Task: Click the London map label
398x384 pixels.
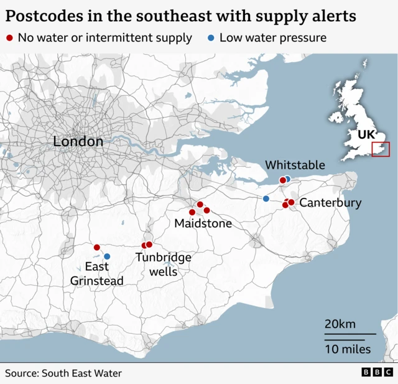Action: coord(78,141)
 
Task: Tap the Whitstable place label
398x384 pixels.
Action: coord(295,165)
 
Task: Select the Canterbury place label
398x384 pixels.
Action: coord(330,203)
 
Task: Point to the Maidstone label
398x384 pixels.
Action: coord(203,223)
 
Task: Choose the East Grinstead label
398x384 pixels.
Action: coord(96,274)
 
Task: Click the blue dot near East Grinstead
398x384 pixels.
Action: coord(107,256)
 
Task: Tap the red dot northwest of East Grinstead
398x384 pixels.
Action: coord(97,248)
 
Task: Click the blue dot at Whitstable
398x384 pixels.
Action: coord(287,179)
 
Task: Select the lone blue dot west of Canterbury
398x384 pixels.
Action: coord(266,199)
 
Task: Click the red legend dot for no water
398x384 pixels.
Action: coord(9,38)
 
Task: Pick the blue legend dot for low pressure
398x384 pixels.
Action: coord(211,38)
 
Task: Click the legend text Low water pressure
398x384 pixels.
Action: coord(273,38)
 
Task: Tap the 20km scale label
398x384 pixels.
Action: coord(340,324)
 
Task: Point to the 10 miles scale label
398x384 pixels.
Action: coord(347,349)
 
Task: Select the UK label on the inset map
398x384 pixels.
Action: coord(366,134)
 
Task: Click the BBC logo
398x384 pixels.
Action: coord(377,372)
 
